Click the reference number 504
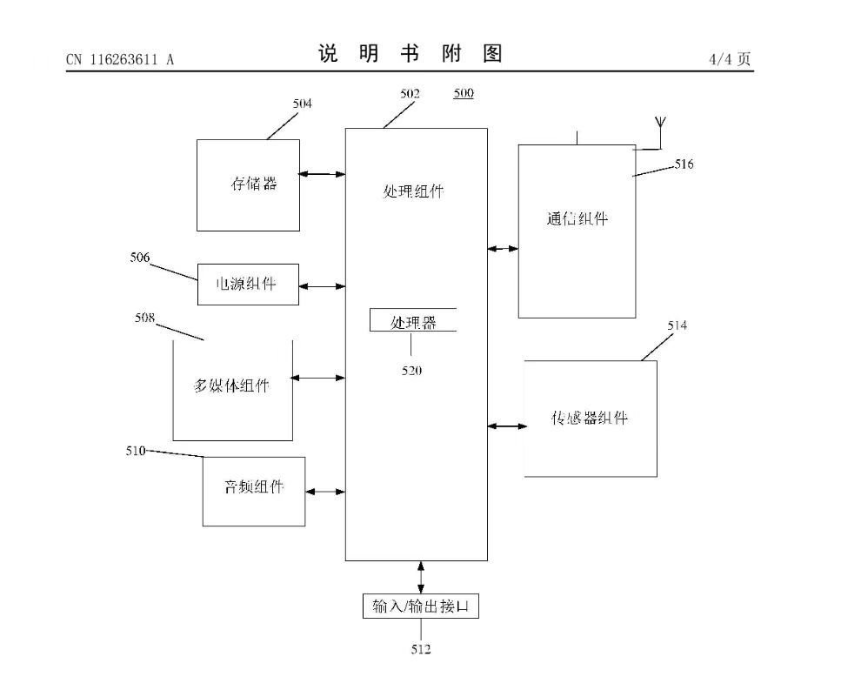point(303,104)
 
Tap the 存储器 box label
point(254,184)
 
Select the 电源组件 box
point(248,285)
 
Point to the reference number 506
point(140,258)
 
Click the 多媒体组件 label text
point(231,386)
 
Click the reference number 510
point(135,451)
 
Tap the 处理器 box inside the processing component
point(413,322)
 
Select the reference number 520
point(411,371)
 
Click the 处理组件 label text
point(414,191)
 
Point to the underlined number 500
point(464,94)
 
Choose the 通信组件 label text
point(577,219)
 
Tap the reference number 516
point(684,164)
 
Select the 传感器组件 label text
point(590,418)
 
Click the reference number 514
point(677,325)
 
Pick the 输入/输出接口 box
point(421,607)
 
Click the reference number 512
point(421,648)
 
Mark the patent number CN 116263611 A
point(120,59)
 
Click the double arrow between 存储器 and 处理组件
point(323,174)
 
